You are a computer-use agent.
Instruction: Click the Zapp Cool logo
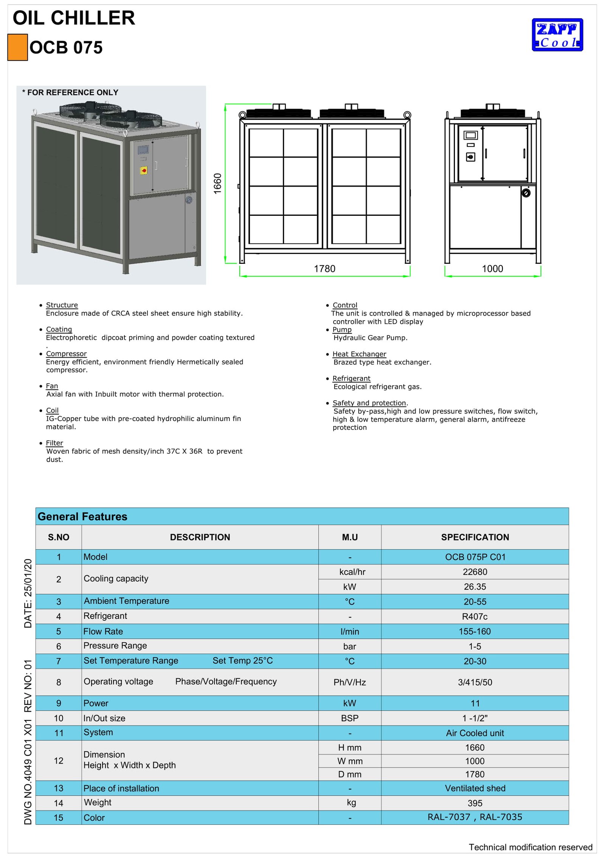(x=557, y=34)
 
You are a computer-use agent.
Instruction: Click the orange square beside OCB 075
(x=17, y=47)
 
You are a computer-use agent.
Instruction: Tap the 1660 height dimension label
(x=217, y=184)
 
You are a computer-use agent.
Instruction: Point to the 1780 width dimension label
(x=324, y=269)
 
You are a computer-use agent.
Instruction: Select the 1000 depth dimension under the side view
(x=492, y=269)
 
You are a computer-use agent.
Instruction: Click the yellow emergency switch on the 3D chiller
(x=144, y=171)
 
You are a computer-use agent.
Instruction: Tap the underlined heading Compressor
(x=66, y=354)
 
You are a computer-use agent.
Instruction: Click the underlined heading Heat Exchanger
(x=359, y=354)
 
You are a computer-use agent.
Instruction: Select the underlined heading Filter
(x=54, y=443)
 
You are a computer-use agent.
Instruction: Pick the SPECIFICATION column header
(x=475, y=537)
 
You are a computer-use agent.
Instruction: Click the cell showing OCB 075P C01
(x=475, y=557)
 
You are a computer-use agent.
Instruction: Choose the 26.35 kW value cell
(x=475, y=587)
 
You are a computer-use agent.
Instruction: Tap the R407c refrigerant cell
(x=475, y=617)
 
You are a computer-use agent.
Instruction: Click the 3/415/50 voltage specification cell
(x=475, y=682)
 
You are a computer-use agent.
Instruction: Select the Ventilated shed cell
(x=475, y=788)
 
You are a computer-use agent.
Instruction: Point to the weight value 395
(x=475, y=803)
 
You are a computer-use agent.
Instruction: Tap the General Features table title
(x=82, y=516)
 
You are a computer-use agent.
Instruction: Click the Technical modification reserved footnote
(x=531, y=847)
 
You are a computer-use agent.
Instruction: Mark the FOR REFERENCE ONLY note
(x=71, y=92)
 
